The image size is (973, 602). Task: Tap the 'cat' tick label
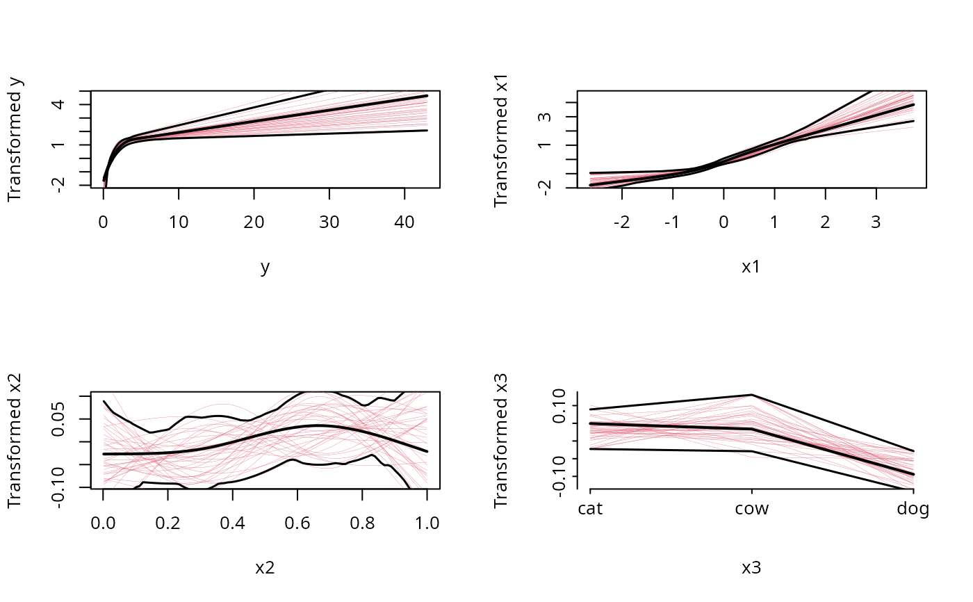click(x=591, y=510)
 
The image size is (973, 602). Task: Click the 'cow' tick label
click(x=752, y=510)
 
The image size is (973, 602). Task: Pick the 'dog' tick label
click(x=913, y=510)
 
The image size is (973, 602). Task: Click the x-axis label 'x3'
click(x=751, y=568)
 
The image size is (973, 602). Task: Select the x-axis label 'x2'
click(x=265, y=568)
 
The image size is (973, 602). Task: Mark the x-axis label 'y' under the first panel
click(x=265, y=268)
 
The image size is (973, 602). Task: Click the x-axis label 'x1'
click(x=751, y=267)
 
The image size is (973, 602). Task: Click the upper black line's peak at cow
click(x=752, y=395)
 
